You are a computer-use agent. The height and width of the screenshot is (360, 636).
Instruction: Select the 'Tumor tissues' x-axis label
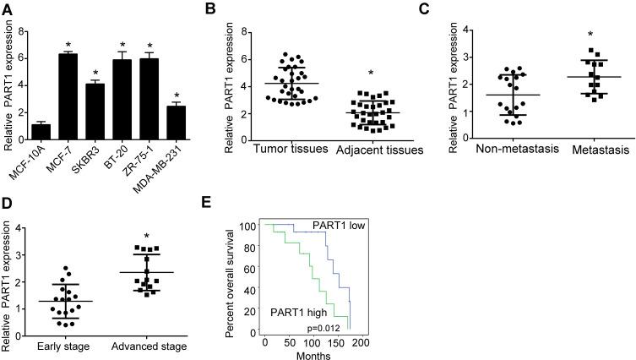coord(269,150)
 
